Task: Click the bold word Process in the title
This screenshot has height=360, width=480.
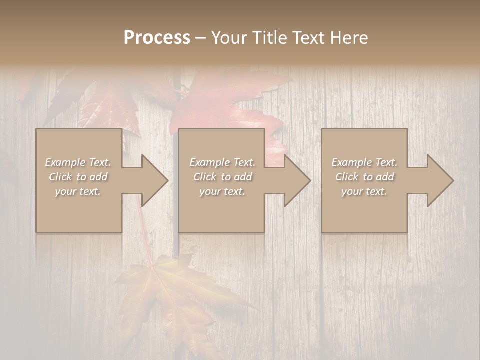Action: (x=157, y=38)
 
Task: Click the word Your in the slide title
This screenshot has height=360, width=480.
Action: (x=230, y=38)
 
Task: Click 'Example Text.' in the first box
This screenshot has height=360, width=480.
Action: (x=78, y=162)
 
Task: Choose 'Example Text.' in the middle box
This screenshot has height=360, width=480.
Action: (x=222, y=162)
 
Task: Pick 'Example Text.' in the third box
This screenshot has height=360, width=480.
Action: (x=364, y=162)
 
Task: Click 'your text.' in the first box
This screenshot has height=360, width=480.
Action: (x=78, y=191)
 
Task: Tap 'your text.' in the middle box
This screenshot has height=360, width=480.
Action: (x=222, y=191)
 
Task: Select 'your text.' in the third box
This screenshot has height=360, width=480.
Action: (x=364, y=191)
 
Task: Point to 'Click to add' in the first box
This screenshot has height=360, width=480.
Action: (x=78, y=177)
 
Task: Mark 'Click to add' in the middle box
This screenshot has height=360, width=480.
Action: (x=222, y=177)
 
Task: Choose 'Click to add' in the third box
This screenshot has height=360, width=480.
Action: (x=364, y=177)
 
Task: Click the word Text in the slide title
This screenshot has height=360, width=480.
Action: (x=309, y=38)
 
